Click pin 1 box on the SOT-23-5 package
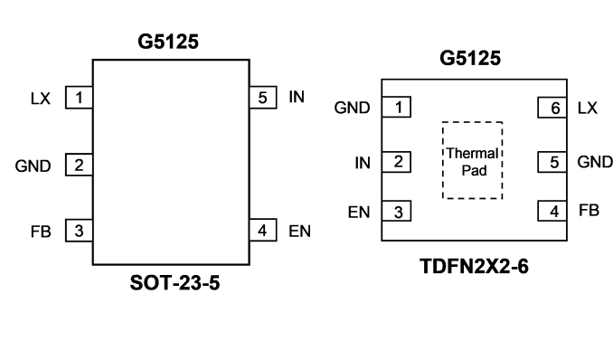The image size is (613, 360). [x=79, y=98]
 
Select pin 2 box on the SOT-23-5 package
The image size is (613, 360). [x=79, y=165]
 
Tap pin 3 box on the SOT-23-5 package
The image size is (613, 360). [x=79, y=231]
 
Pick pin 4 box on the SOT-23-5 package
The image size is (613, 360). [x=263, y=230]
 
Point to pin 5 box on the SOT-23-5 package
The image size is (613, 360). [x=263, y=98]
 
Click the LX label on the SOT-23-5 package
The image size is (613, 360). [x=41, y=99]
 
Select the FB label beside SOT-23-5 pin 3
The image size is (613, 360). [x=41, y=232]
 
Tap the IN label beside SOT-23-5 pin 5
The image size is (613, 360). [x=297, y=97]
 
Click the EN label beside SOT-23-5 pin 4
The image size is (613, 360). [x=299, y=232]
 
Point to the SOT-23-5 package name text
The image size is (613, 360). [x=174, y=282]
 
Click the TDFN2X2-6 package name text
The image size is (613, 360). [x=474, y=266]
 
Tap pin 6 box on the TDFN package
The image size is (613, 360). [x=552, y=108]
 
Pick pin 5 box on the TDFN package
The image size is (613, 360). [x=552, y=162]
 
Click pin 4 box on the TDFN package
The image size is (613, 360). [x=552, y=212]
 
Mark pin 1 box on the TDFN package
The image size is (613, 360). [x=396, y=107]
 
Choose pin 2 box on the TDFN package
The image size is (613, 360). [x=396, y=162]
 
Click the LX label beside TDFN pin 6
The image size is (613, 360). [x=588, y=108]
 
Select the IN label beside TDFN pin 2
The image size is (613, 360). [x=363, y=163]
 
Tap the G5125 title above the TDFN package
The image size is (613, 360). [x=470, y=58]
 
